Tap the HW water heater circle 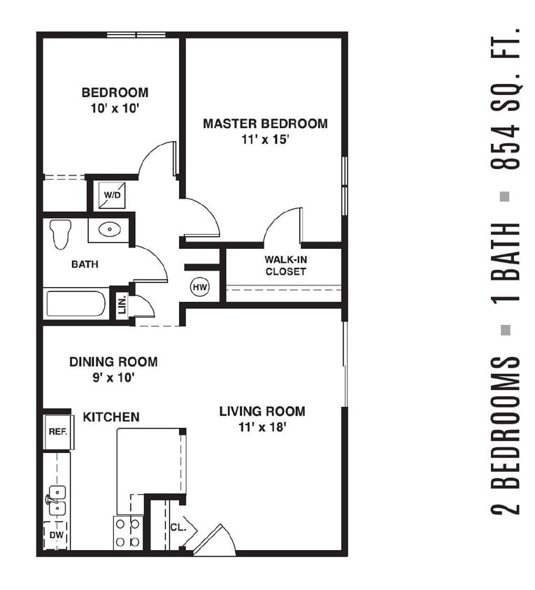point(200,287)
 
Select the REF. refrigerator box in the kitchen point(57,432)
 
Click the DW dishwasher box point(56,535)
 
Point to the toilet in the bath point(62,233)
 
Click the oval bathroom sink point(108,229)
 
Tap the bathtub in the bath point(76,304)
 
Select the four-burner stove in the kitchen point(128,533)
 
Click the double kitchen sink point(56,499)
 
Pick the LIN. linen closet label point(122,305)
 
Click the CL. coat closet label point(178,526)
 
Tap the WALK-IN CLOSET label point(285,266)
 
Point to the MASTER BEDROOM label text point(265,124)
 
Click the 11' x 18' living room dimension point(262,428)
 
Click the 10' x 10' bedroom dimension point(115,108)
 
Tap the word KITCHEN point(111,417)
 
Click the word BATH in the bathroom point(85,265)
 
